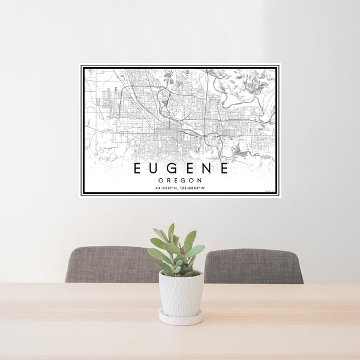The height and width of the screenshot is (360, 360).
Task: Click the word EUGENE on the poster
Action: [180, 169]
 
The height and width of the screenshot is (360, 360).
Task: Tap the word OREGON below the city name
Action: [180, 180]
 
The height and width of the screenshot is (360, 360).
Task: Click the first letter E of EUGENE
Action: [137, 169]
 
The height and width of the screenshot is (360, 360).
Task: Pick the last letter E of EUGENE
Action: [223, 169]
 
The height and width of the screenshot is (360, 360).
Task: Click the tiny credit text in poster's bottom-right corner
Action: [269, 192]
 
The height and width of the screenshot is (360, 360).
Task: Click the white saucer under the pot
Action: [181, 318]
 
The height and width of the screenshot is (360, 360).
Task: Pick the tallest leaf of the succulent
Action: [171, 231]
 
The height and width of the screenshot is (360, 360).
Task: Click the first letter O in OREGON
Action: [161, 180]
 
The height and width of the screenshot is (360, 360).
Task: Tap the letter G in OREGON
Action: [185, 180]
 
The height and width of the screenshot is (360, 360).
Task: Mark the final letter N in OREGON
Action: [200, 180]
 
